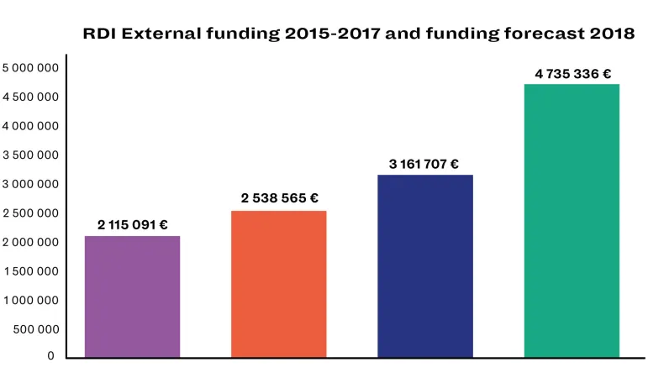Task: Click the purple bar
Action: click(x=132, y=297)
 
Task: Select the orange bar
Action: click(x=278, y=284)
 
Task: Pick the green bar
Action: click(x=572, y=220)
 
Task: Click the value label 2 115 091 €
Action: click(x=133, y=224)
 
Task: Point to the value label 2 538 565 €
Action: click(x=279, y=198)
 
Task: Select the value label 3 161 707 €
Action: click(x=424, y=164)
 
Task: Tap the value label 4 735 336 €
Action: click(x=572, y=73)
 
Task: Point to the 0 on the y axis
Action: click(x=50, y=356)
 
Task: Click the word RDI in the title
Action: click(x=98, y=34)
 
